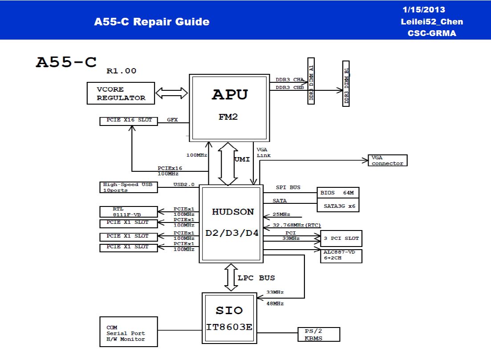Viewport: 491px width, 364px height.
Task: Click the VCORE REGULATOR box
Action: [x=121, y=93]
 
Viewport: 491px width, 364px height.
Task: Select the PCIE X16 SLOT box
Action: [x=129, y=121]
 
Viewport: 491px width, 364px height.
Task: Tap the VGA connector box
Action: [x=387, y=161]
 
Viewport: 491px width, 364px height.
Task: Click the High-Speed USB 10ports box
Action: [x=129, y=187]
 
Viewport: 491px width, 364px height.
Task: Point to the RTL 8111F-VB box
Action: [x=129, y=211]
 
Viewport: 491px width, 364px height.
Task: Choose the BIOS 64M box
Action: [x=337, y=193]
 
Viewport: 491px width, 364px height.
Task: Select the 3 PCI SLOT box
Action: [x=341, y=239]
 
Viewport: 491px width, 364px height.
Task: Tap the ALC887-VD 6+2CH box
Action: [x=341, y=255]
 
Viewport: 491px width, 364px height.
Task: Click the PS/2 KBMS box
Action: [x=319, y=335]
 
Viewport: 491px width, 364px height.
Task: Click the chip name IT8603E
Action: [x=229, y=328]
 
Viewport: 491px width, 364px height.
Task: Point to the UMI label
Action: [x=242, y=159]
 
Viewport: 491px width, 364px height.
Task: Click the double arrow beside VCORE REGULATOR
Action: [x=172, y=93]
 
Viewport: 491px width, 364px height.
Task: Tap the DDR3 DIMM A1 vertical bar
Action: [x=311, y=81]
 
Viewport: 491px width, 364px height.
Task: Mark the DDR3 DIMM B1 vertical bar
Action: [x=346, y=84]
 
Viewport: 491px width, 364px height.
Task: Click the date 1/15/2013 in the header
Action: [x=423, y=10]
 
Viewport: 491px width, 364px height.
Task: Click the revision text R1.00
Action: [x=121, y=71]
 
